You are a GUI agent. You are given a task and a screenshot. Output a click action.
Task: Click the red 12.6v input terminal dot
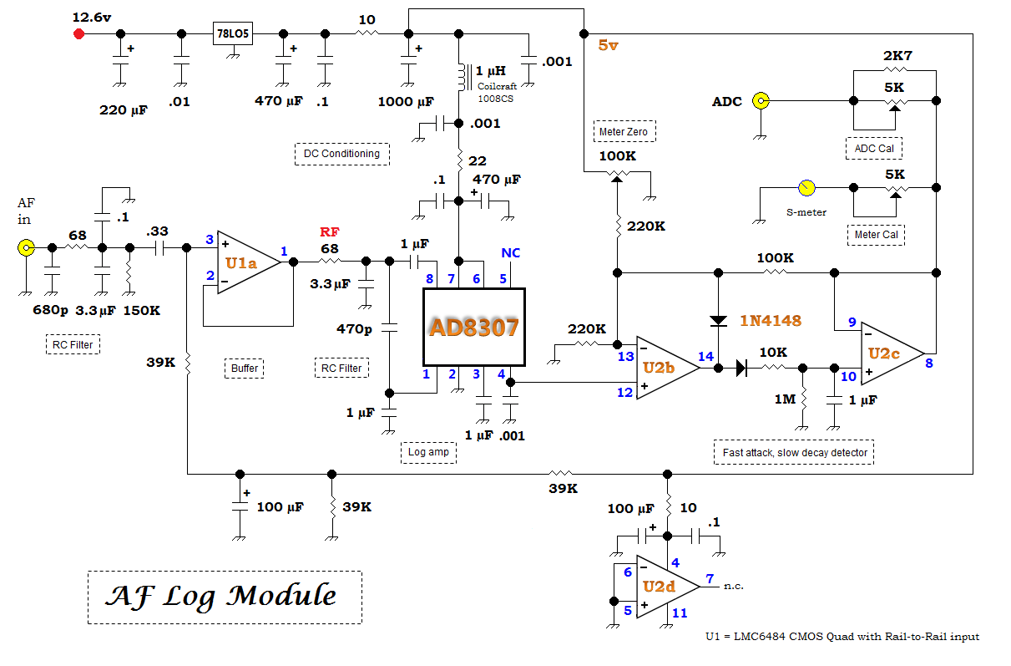click(x=79, y=34)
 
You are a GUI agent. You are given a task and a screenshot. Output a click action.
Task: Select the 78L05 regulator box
click(x=233, y=33)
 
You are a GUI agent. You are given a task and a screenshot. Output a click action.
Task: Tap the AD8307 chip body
click(x=474, y=327)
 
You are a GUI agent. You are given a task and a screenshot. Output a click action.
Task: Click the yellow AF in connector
click(x=26, y=247)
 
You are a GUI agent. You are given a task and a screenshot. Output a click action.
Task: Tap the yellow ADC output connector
click(x=761, y=100)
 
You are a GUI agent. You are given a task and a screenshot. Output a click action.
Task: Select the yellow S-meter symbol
click(x=806, y=187)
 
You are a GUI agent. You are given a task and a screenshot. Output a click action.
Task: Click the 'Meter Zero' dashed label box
click(x=624, y=131)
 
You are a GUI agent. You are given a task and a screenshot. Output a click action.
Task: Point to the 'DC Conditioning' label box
click(x=342, y=154)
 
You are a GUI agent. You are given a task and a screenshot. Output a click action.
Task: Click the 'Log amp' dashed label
click(x=429, y=452)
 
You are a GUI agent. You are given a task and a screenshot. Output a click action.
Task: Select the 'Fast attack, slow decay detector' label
click(x=794, y=452)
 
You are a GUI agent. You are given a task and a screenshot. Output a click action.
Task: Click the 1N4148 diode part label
click(x=771, y=321)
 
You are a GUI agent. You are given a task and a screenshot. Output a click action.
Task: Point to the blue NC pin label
click(x=510, y=253)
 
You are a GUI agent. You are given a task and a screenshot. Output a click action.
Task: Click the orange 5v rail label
click(x=608, y=45)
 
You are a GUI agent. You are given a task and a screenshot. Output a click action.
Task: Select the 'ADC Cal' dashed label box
click(x=874, y=148)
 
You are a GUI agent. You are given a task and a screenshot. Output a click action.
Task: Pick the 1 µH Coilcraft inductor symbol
click(x=463, y=77)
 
